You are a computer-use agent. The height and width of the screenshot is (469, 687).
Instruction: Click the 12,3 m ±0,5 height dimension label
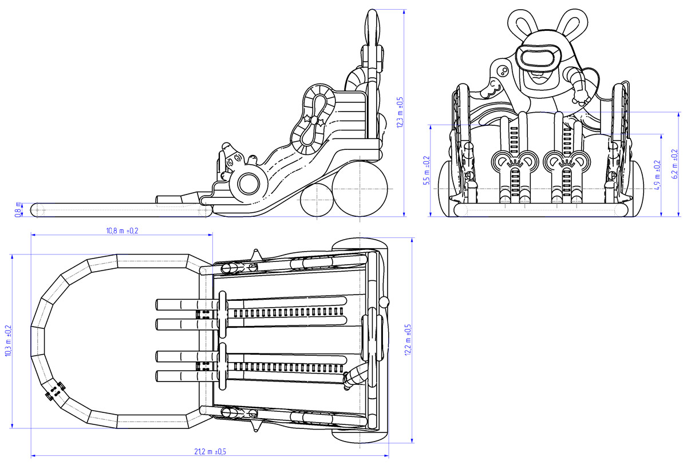pyautogui.click(x=400, y=112)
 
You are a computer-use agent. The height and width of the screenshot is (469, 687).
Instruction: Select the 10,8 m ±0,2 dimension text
pyautogui.click(x=122, y=230)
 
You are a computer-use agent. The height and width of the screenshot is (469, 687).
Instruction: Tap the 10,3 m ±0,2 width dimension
pyautogui.click(x=8, y=341)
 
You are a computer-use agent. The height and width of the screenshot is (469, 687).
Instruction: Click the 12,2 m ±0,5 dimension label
pyautogui.click(x=408, y=340)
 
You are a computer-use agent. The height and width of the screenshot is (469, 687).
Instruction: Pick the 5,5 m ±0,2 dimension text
pyautogui.click(x=425, y=170)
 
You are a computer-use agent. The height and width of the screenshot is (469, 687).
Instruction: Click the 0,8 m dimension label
pyautogui.click(x=18, y=210)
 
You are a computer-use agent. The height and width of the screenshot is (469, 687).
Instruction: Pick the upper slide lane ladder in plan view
pyautogui.click(x=289, y=313)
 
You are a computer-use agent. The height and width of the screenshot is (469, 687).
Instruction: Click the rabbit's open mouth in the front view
pyautogui.click(x=539, y=73)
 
